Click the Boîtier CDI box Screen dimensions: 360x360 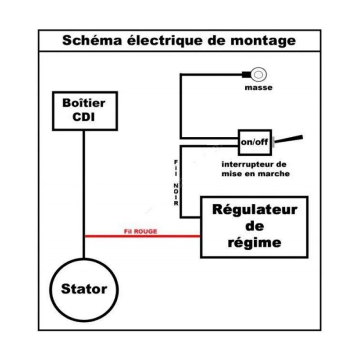coord(85,111)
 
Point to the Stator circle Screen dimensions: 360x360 coord(84,288)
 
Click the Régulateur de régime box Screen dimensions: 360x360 coord(254,227)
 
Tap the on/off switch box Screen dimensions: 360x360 coord(254,142)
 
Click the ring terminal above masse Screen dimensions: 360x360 coord(259,73)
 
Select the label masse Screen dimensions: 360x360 coord(258,87)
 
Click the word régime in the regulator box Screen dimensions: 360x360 coord(254,243)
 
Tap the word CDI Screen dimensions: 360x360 coord(85,117)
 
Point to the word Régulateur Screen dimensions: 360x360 coord(254,210)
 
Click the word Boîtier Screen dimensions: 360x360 coord(85,103)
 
